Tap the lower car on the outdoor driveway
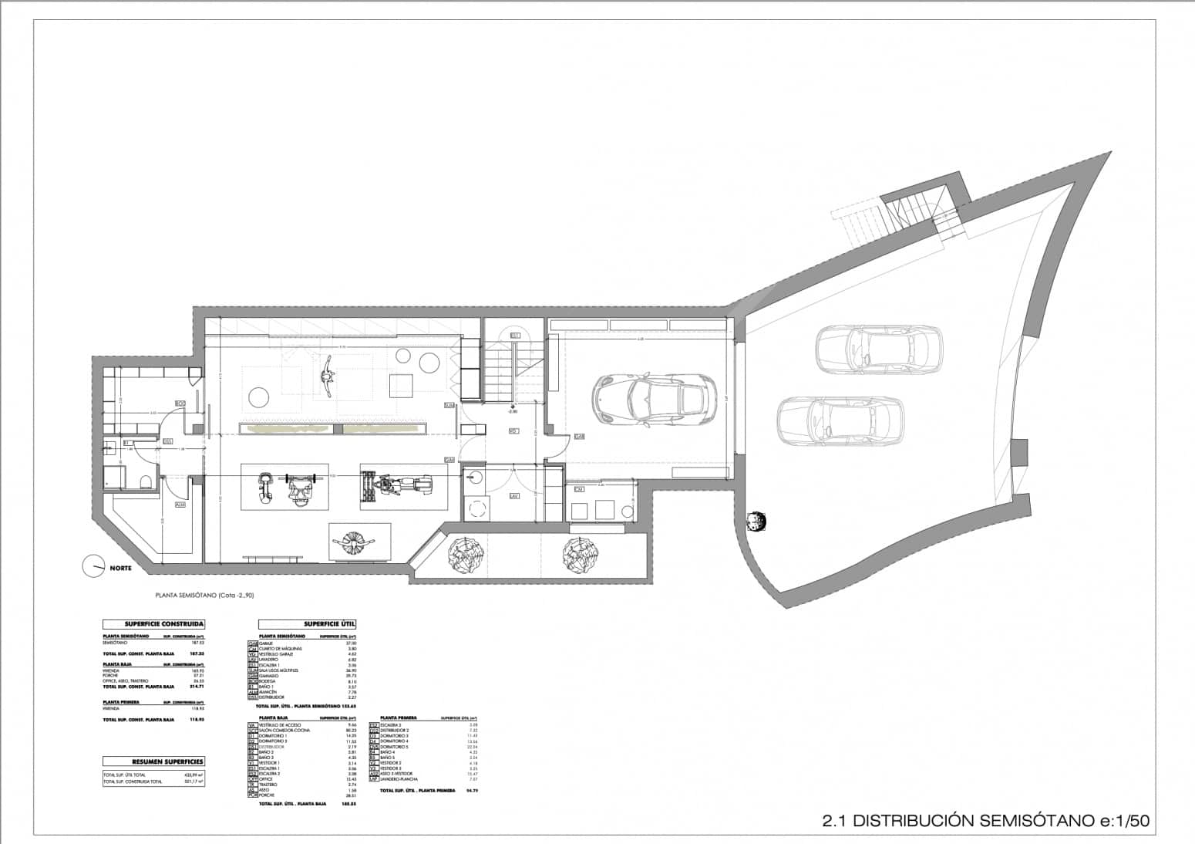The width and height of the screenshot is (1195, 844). point(840,420)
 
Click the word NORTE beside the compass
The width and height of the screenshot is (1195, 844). point(120,569)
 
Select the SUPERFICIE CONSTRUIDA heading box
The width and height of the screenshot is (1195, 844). point(154,624)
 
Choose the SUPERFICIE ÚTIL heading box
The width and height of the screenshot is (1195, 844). point(308,624)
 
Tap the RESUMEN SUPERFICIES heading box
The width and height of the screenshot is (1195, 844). point(154,761)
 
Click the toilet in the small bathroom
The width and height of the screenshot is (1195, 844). point(145,483)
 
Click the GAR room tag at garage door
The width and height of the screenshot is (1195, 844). point(579,437)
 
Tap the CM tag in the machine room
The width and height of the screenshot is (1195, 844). point(579,489)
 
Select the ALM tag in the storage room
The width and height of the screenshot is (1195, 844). point(180,505)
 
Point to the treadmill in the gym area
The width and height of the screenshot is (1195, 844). point(397,486)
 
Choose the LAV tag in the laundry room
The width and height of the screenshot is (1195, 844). point(513,497)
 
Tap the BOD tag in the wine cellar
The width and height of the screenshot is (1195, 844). point(180,403)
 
